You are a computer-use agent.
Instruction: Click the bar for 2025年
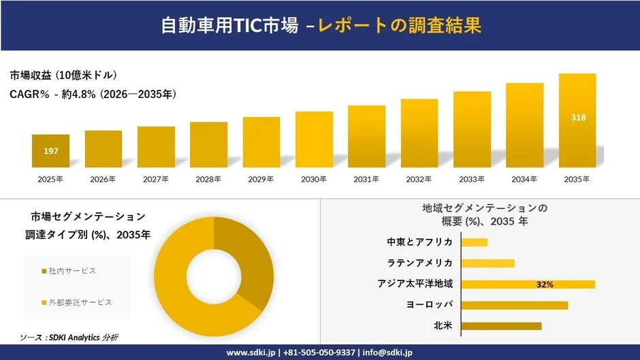coord(50,151)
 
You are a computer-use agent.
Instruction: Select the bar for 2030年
coord(314,140)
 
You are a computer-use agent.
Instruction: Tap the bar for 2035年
coord(577,120)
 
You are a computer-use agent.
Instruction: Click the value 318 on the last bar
coord(578,118)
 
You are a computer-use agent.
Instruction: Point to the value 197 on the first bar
coord(50,151)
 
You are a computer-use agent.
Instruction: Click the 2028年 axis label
coord(208,180)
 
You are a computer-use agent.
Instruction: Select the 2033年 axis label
coord(472,180)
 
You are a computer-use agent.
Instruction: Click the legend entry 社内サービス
coord(68,271)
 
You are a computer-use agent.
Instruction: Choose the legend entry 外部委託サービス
coord(76,302)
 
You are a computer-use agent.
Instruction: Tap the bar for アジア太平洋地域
coord(528,284)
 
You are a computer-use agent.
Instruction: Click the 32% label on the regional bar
coord(545,284)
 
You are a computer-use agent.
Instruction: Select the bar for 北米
coord(501,326)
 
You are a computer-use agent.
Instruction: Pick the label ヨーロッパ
coord(430,305)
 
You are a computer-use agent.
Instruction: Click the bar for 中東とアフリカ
coord(475,242)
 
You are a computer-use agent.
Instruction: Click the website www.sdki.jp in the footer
coord(250,353)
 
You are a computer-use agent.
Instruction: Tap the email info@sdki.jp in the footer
coord(389,353)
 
